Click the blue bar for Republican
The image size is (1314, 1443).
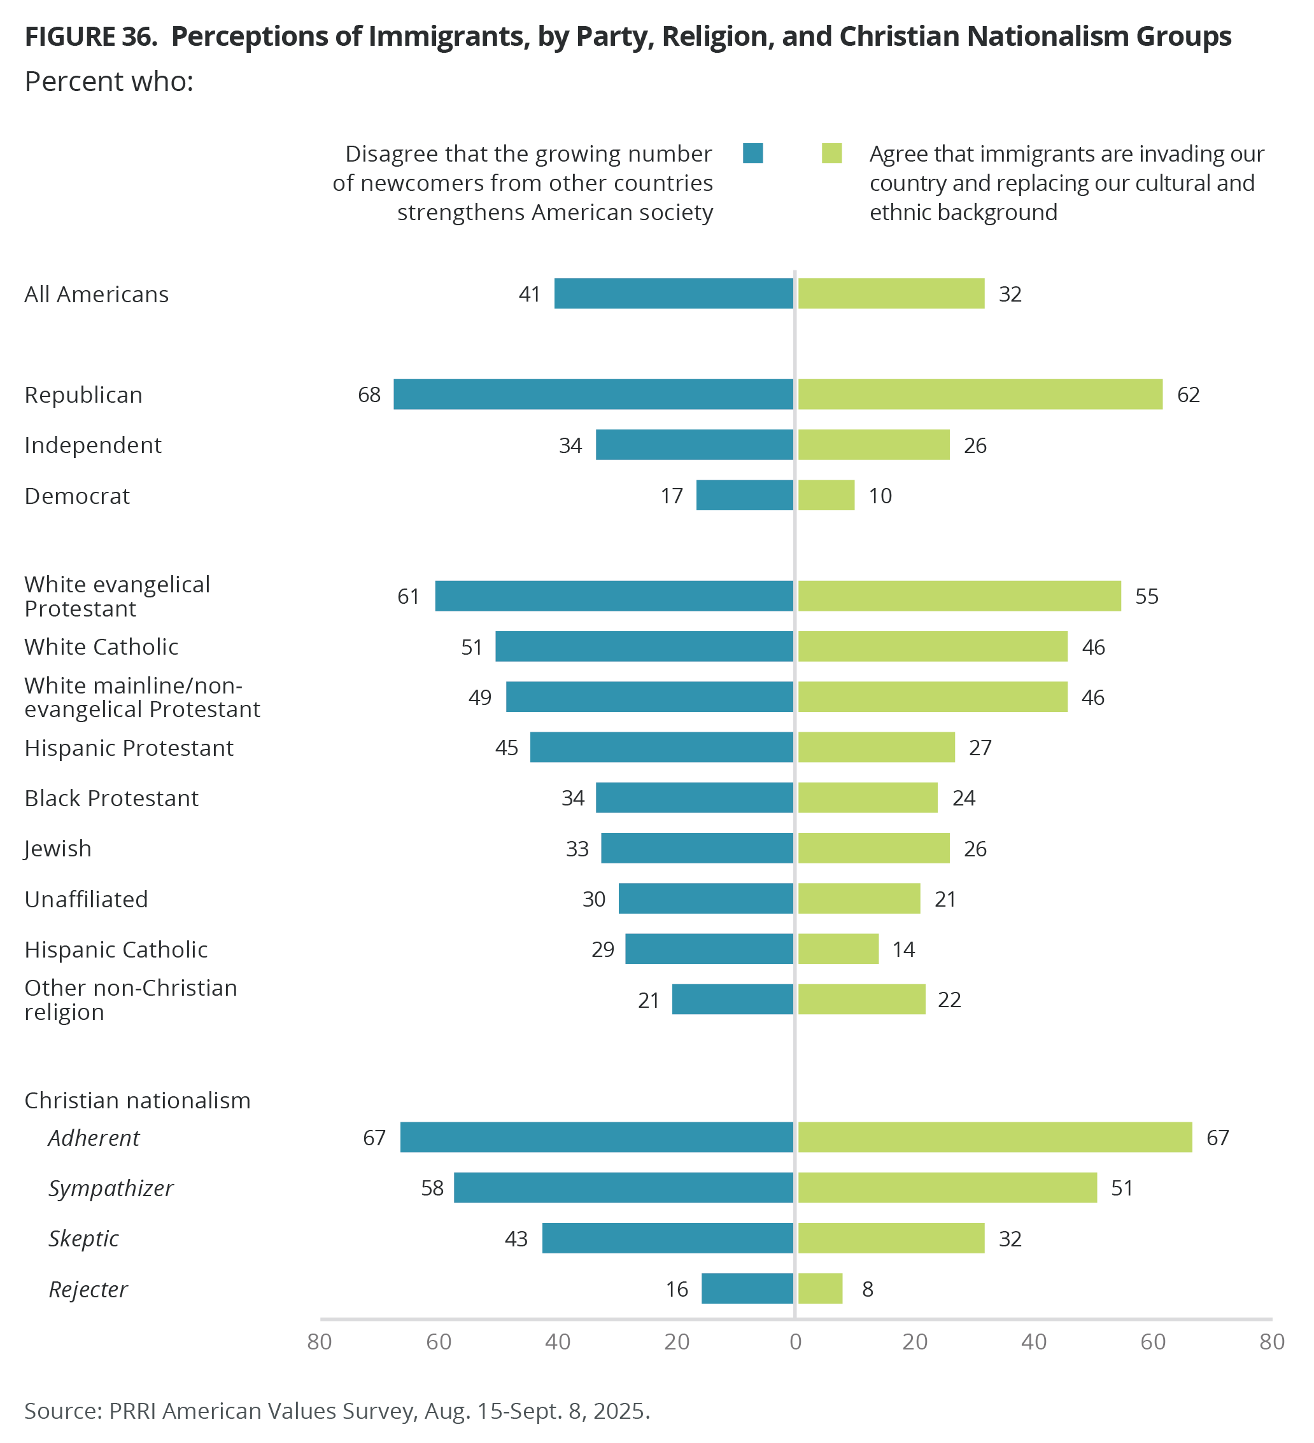click(x=593, y=394)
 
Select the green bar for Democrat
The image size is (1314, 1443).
click(x=826, y=495)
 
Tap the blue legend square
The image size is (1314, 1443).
click(x=752, y=153)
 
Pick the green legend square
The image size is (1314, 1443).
click(x=831, y=153)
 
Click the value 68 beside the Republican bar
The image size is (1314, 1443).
click(x=369, y=395)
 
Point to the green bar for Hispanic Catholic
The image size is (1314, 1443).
click(x=838, y=949)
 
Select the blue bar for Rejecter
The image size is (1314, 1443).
click(x=747, y=1289)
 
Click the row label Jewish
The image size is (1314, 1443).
click(x=58, y=849)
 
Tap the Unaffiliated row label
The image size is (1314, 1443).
click(x=86, y=899)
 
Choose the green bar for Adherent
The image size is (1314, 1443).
click(x=994, y=1138)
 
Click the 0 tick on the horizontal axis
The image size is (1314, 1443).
click(x=795, y=1342)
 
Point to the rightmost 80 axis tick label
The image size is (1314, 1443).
click(x=1272, y=1342)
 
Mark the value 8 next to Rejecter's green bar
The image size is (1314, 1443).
click(x=867, y=1290)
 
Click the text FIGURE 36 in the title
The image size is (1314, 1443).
click(x=91, y=36)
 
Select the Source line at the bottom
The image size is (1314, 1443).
click(x=337, y=1411)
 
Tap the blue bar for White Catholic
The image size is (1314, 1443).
click(x=644, y=646)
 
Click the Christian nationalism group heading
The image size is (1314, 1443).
click(x=138, y=1100)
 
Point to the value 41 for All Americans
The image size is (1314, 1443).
click(x=529, y=294)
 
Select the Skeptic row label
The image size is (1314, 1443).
click(x=84, y=1239)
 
